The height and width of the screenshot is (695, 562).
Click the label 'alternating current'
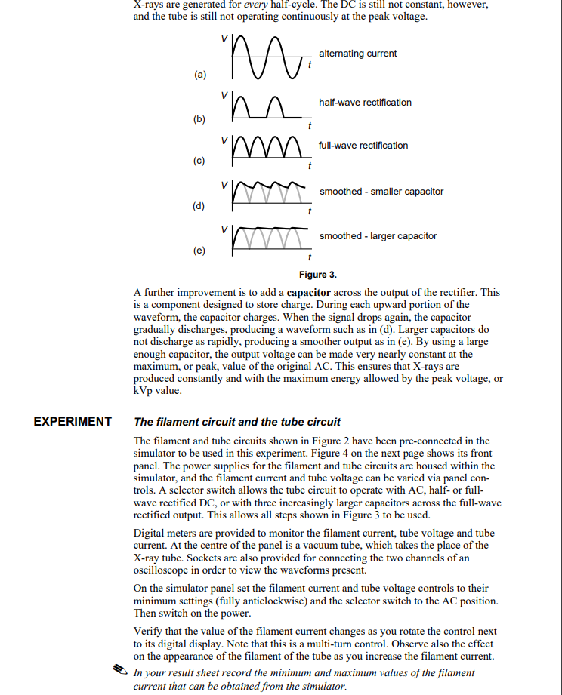357,54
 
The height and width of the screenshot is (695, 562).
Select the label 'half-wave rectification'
365,103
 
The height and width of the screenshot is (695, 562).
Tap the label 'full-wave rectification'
363,146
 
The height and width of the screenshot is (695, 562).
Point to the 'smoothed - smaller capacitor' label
381,192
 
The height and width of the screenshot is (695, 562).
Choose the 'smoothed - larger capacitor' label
378,236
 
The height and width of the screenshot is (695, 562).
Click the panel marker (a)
199,75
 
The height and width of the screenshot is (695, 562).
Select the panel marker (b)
199,119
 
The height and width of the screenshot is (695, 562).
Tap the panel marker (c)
199,161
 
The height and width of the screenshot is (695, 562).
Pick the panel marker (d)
199,205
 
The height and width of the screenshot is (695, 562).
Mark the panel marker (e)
199,250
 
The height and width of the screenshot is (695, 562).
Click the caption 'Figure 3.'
318,275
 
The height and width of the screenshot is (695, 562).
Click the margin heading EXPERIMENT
73,422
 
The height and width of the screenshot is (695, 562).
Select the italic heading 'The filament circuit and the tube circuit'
236,422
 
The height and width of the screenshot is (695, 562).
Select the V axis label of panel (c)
224,140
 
